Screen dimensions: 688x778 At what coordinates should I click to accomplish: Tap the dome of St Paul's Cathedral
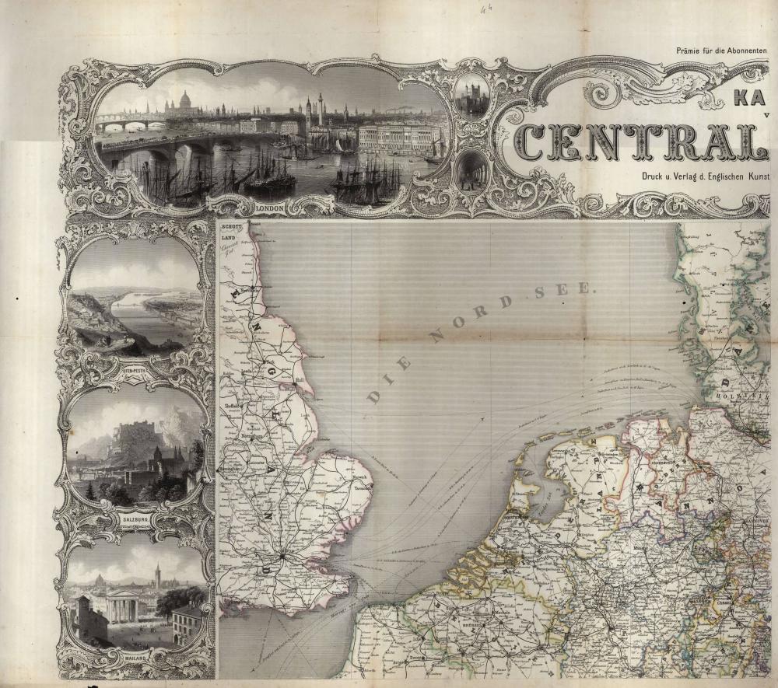click(185, 100)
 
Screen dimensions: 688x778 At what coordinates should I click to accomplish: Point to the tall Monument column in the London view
click(320, 109)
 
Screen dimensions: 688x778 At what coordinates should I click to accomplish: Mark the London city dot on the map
click(285, 554)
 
